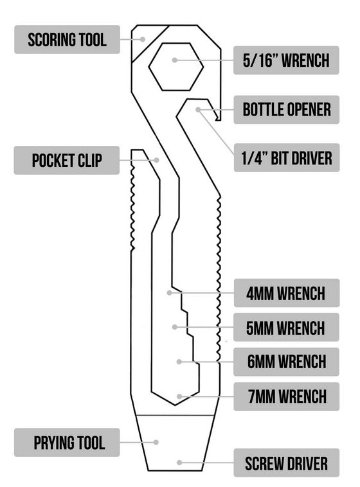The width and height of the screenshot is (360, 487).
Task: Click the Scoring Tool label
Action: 67,39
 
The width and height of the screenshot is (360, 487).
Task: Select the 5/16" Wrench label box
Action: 286,60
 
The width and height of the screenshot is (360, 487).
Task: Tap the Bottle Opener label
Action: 286,110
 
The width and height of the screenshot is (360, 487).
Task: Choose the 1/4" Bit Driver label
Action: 287,158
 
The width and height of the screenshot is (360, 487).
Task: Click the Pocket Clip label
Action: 67,160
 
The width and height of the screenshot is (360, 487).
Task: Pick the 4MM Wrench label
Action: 287,293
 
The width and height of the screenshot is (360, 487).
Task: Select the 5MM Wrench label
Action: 286,328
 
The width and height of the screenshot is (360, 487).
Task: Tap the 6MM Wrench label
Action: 286,362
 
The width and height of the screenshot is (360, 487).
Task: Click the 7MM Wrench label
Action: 287,396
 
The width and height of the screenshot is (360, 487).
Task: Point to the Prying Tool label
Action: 67,443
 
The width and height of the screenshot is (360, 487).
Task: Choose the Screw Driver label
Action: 286,463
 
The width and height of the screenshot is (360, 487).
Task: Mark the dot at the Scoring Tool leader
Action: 142,39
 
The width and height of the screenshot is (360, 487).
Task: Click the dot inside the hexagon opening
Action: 175,60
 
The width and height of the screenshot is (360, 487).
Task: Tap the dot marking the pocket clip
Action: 157,160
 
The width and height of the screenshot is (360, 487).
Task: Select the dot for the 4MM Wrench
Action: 170,292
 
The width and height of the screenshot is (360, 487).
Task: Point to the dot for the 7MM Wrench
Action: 179,396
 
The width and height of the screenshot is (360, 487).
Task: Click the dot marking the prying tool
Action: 156,442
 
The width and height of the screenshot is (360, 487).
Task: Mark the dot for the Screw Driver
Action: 179,463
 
